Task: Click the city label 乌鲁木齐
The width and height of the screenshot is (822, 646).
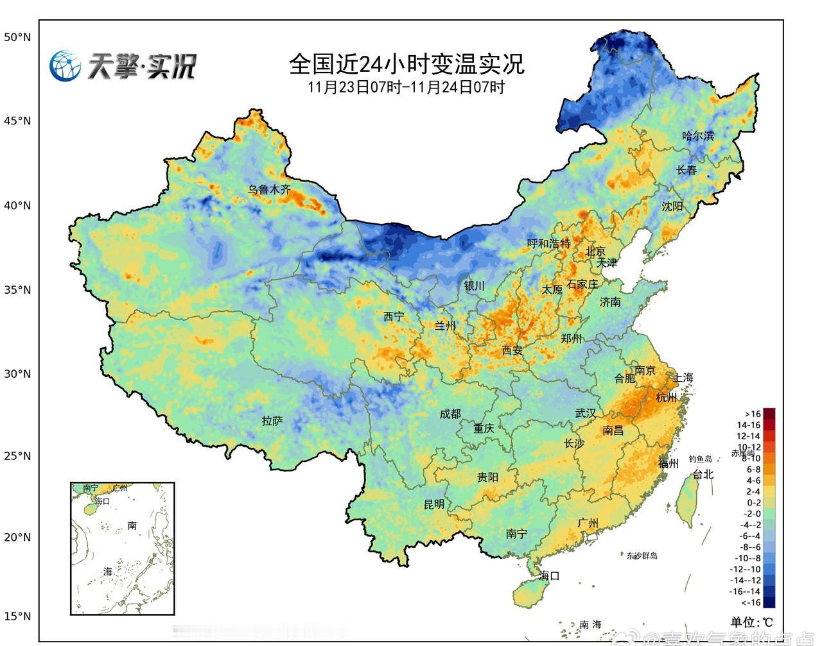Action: pyautogui.click(x=270, y=190)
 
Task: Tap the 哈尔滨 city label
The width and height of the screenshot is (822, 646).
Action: pyautogui.click(x=697, y=136)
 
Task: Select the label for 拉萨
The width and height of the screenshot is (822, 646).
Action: pyautogui.click(x=272, y=421)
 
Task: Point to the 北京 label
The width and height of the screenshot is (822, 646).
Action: pyautogui.click(x=595, y=251)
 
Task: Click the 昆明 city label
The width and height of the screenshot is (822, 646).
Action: pyautogui.click(x=434, y=504)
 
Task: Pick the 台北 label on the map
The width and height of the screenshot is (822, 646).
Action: pyautogui.click(x=703, y=474)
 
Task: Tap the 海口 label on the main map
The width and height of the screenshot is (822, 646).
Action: pyautogui.click(x=550, y=575)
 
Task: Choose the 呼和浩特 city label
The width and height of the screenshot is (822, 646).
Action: pyautogui.click(x=548, y=243)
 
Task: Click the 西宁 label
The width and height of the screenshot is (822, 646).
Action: pyautogui.click(x=394, y=316)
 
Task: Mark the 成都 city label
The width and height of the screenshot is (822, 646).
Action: pyautogui.click(x=450, y=414)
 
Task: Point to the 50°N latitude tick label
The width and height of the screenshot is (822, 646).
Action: pyautogui.click(x=17, y=37)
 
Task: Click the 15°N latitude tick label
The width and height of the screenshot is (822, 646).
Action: pyautogui.click(x=17, y=616)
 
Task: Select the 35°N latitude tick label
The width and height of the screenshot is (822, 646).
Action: pyautogui.click(x=17, y=290)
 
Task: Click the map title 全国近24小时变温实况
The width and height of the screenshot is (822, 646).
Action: pyautogui.click(x=407, y=64)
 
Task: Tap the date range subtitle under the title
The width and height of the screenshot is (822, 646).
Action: pyautogui.click(x=407, y=87)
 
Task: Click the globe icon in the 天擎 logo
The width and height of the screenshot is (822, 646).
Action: pyautogui.click(x=66, y=66)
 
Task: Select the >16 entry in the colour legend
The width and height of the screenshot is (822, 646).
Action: pyautogui.click(x=753, y=414)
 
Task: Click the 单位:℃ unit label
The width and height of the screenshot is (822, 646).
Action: pyautogui.click(x=752, y=622)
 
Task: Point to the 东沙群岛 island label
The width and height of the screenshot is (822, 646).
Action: pyautogui.click(x=642, y=556)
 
